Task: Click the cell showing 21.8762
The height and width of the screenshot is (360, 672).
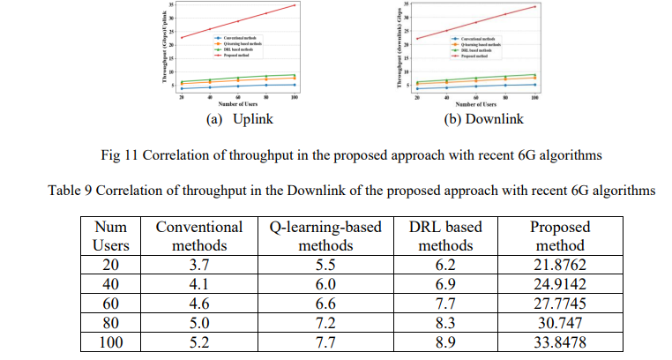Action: point(558,262)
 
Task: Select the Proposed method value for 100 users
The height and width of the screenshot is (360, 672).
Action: point(558,343)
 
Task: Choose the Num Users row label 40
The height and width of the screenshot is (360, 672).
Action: point(110,282)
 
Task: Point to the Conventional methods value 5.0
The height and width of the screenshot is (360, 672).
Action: point(198,323)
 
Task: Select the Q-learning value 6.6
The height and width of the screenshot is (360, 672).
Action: point(325,303)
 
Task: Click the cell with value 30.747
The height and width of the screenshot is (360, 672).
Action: point(558,323)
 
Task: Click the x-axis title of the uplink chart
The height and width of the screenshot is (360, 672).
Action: point(235,104)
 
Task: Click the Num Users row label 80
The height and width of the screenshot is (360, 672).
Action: point(110,323)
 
